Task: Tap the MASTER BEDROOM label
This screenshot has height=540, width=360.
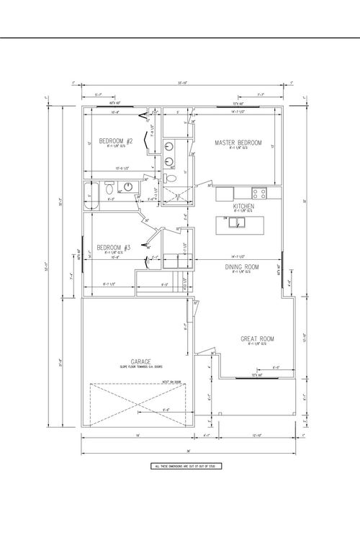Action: pyautogui.click(x=238, y=143)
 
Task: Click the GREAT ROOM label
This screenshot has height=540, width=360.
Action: pyautogui.click(x=256, y=338)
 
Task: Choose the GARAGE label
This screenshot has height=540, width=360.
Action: pyautogui.click(x=140, y=361)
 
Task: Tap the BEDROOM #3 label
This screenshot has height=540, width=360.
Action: pyautogui.click(x=114, y=248)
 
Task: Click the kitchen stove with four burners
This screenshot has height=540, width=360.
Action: pyautogui.click(x=258, y=193)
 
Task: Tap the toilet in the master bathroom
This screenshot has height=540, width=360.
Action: pyautogui.click(x=171, y=177)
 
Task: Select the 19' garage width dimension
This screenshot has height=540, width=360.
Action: pyautogui.click(x=137, y=436)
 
